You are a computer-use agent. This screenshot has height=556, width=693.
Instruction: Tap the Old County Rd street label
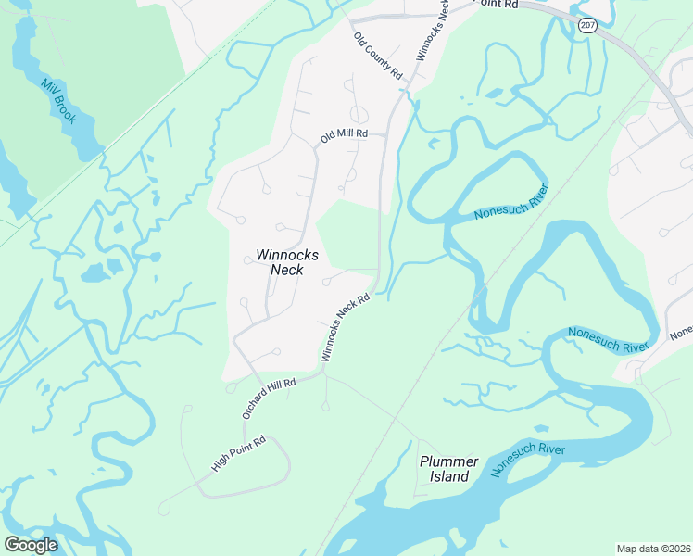click(x=377, y=56)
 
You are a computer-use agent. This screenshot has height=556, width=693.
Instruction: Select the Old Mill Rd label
click(x=345, y=135)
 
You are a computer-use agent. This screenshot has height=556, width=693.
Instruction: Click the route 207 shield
click(x=587, y=25)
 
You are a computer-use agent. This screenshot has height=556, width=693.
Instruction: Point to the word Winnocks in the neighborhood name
click(x=287, y=255)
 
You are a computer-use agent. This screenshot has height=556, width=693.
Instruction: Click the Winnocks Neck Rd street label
click(x=346, y=327)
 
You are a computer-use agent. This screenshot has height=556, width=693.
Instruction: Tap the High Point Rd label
click(x=239, y=454)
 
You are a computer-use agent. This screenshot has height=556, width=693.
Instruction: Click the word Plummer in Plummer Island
click(x=448, y=461)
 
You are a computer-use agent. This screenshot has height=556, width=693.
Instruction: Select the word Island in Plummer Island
click(x=448, y=476)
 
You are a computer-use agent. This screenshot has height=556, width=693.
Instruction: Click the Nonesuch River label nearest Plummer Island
click(x=528, y=461)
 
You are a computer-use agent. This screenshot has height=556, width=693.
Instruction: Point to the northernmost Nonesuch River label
click(x=511, y=202)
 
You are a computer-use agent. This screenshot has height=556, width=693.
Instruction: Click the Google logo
click(x=31, y=544)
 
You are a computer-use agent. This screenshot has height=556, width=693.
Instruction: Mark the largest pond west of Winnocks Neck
click(x=94, y=272)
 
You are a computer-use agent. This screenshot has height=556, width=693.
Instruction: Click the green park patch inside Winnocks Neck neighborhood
click(x=347, y=236)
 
